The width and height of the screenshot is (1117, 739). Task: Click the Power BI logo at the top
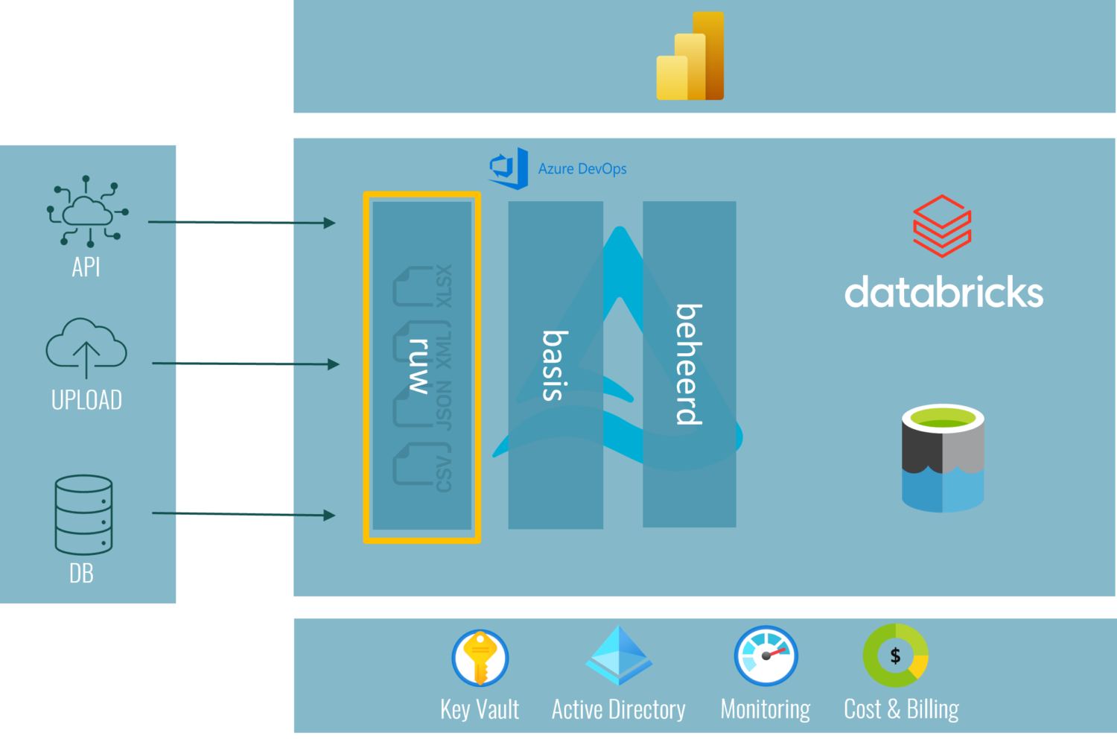tap(690, 57)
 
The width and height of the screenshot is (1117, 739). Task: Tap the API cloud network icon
tap(87, 212)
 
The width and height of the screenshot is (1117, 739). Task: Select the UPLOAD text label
tap(86, 400)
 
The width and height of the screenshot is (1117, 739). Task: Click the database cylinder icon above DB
tap(83, 515)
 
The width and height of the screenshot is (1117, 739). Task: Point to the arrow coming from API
tap(241, 222)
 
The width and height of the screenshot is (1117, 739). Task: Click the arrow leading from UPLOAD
tap(245, 364)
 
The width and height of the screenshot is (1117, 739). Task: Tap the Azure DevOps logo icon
tap(509, 168)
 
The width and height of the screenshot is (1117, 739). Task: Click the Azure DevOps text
tap(582, 169)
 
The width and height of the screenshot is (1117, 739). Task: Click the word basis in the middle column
tap(555, 365)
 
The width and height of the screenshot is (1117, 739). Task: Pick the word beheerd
tap(689, 364)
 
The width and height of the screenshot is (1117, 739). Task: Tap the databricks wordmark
tap(943, 292)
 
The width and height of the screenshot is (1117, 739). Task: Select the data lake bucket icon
tap(943, 458)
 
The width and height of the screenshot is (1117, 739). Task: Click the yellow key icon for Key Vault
tap(480, 658)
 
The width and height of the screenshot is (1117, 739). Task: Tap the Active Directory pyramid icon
tap(619, 656)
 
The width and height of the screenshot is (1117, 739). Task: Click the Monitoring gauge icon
tap(766, 656)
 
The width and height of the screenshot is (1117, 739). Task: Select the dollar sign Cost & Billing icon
tap(895, 656)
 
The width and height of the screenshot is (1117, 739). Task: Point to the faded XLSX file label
tap(444, 286)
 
